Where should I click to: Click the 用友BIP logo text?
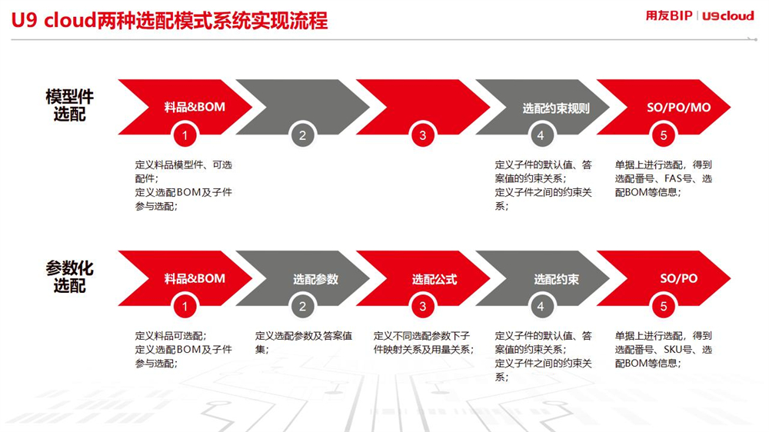pos(669,15)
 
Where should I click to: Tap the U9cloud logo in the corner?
pos(728,15)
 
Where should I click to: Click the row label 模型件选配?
pos(69,105)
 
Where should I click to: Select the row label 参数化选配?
pos(69,277)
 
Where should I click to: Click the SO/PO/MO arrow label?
pos(679,108)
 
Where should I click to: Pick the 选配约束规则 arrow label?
pos(556,108)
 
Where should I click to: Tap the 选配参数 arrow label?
pos(316,279)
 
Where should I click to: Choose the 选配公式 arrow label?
pos(434,279)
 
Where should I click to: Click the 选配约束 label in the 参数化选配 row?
pos(557,279)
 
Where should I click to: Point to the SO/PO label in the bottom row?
pos(679,278)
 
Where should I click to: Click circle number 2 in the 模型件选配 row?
pos(302,135)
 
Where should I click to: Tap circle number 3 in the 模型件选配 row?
pos(423,135)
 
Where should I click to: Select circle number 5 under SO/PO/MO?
pos(664,135)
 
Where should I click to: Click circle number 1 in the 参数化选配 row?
pos(185,307)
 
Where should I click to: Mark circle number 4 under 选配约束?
pos(541,307)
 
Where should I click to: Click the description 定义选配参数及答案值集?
pos(304,342)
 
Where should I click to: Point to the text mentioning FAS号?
pos(664,178)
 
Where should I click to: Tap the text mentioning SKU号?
pos(664,350)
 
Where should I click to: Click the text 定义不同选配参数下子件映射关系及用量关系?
pos(424,342)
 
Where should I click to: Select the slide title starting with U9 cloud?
pos(169,21)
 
